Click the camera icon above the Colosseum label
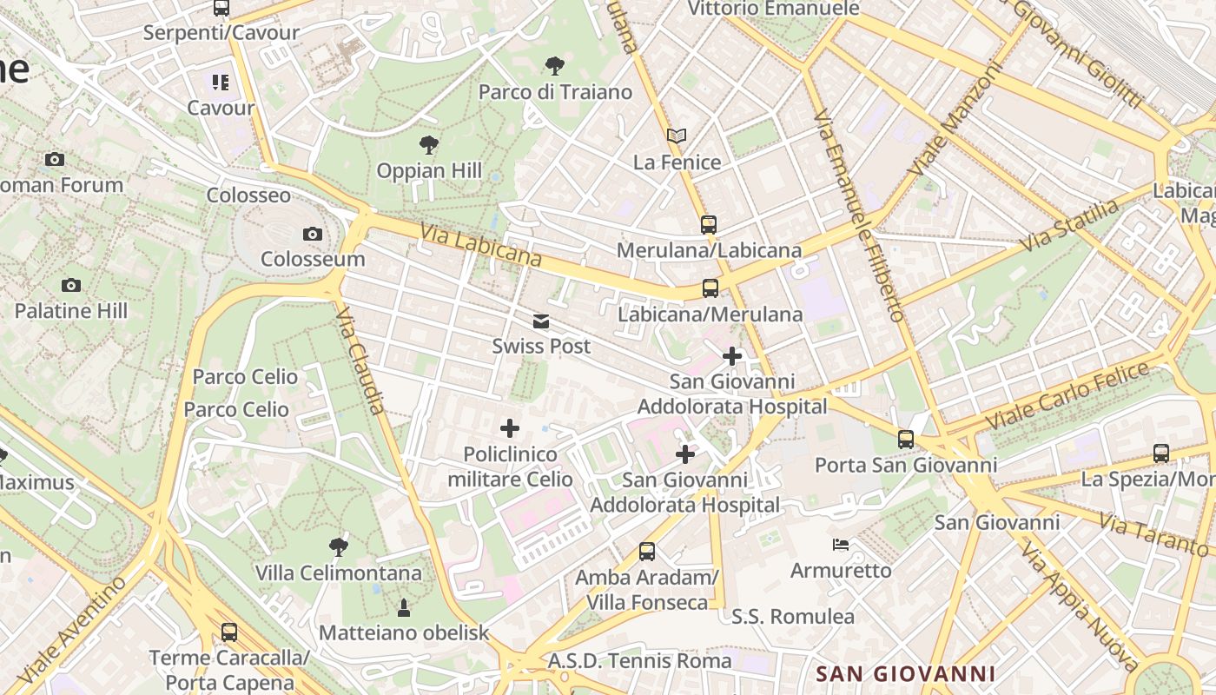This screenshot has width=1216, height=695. point(313,234)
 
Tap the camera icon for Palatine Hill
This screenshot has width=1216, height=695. point(71,285)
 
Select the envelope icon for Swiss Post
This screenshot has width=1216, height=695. point(541,322)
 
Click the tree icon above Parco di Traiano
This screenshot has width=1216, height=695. point(554,65)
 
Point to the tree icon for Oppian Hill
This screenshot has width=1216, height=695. point(428,144)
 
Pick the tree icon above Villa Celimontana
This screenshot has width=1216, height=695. point(339,546)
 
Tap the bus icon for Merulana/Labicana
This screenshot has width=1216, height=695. point(709,225)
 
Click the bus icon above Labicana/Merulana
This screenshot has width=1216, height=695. point(710,288)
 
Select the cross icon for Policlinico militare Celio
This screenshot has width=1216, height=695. point(510,427)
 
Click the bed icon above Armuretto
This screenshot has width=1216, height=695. point(841,545)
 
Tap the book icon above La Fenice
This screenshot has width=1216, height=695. point(677,136)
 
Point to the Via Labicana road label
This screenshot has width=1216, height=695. point(481,246)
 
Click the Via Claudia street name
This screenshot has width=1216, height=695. point(360,360)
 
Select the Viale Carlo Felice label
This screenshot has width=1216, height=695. point(1068,395)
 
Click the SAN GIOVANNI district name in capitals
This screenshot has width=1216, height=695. point(906,673)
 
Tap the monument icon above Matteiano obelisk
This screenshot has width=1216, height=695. point(403,607)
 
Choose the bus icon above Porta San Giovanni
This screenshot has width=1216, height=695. point(906,440)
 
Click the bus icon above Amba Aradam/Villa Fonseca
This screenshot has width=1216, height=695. point(646,551)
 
